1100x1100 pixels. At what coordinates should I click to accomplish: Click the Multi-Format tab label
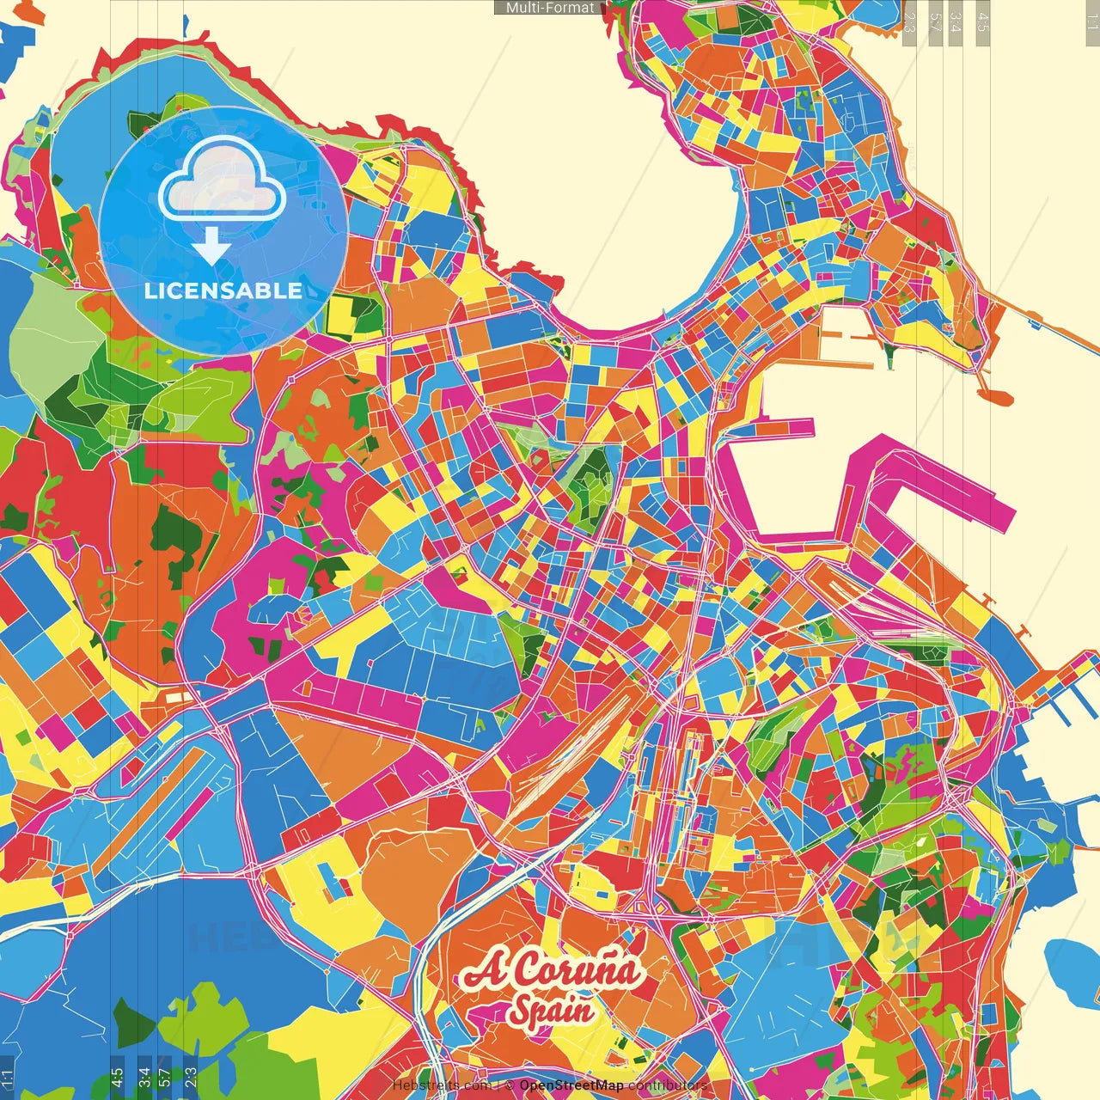pyautogui.click(x=549, y=8)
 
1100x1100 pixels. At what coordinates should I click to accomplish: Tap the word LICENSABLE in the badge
pyautogui.click(x=223, y=290)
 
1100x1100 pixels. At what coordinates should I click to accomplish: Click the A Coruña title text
pyautogui.click(x=552, y=971)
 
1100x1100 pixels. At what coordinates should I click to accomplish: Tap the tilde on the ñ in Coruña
pyautogui.click(x=612, y=952)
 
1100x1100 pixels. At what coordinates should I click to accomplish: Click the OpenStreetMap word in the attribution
pyautogui.click(x=571, y=1085)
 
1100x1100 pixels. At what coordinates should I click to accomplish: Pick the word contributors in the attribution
pyautogui.click(x=667, y=1085)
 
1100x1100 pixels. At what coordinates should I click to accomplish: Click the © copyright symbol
pyautogui.click(x=510, y=1085)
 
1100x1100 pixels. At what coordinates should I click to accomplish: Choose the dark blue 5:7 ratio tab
pyautogui.click(x=164, y=1074)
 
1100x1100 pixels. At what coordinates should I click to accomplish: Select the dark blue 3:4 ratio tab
pyautogui.click(x=144, y=1074)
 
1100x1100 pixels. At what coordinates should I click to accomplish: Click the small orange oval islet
pyautogui.click(x=994, y=397)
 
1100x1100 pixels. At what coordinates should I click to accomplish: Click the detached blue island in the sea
pyautogui.click(x=1070, y=962)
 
